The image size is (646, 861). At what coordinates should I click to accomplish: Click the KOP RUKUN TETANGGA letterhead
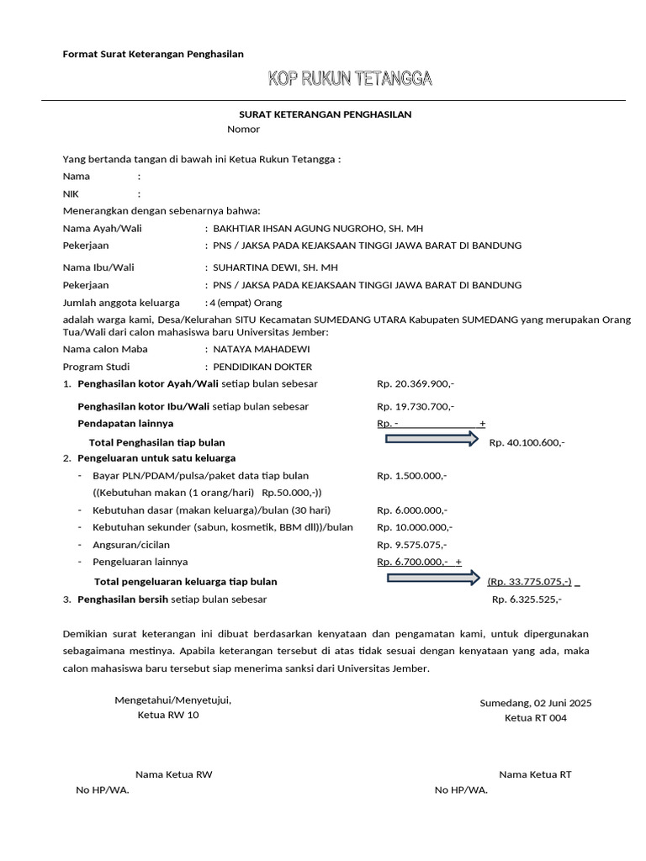coord(350,80)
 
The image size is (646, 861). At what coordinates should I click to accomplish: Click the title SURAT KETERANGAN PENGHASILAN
coord(326,114)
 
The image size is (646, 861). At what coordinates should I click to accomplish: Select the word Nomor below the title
coord(243,129)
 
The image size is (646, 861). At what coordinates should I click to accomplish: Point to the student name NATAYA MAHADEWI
coord(262,348)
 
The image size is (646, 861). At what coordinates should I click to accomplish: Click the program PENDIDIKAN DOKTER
coord(262,367)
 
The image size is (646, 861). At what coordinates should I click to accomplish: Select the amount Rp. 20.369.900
coord(416,384)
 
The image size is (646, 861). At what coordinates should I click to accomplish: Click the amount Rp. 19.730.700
coord(416,407)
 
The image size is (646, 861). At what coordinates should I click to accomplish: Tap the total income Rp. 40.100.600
coord(527,443)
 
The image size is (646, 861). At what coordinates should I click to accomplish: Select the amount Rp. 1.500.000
coord(412,476)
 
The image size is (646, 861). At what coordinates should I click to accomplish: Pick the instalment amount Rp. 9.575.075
coord(413,545)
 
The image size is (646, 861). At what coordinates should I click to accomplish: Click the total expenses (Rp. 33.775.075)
coord(529,582)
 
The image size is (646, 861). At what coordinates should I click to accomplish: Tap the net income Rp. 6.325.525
coord(527,600)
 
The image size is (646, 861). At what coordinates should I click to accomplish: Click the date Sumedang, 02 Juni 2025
coord(536,703)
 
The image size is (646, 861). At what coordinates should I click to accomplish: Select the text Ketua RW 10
coord(168,716)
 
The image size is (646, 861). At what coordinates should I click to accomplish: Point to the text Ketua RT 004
coord(536,718)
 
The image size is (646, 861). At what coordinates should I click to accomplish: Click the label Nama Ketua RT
coord(535,774)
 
